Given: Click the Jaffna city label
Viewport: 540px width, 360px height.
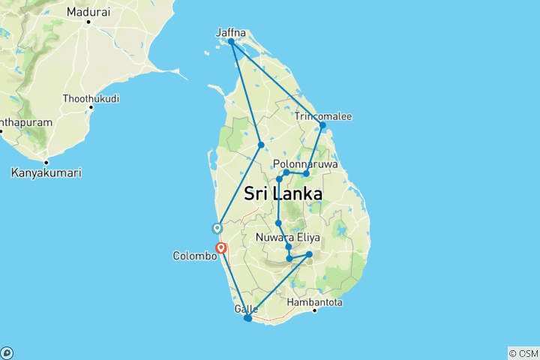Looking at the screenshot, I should tap(230, 32).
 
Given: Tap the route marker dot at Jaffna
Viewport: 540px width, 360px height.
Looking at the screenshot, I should tap(231, 42).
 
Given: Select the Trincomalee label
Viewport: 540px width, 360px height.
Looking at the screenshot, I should tap(323, 116).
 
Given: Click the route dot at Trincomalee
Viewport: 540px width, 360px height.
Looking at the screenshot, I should tap(322, 126).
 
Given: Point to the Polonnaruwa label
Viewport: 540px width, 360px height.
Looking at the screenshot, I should tap(305, 163).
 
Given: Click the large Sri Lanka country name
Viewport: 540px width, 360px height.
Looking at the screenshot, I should tap(283, 193).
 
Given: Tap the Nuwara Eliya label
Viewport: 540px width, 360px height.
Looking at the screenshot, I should tap(288, 238).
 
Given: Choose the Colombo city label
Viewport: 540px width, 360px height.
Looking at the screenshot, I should tap(195, 256).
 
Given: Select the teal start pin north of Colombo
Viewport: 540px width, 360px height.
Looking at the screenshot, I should tap(217, 228).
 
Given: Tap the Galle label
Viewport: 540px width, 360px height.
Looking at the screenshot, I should tap(246, 309).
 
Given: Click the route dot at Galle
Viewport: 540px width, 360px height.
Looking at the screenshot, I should tap(248, 319).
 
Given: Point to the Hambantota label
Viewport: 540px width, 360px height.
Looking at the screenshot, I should tap(315, 302).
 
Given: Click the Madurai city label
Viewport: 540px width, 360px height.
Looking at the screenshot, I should tap(88, 12).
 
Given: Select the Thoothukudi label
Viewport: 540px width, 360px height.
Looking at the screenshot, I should tap(91, 98).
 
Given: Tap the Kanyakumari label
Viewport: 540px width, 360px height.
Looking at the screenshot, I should tap(46, 172).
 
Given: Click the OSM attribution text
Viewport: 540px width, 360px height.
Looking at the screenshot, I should tap(523, 353).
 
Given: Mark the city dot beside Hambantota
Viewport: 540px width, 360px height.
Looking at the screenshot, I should tap(315, 310).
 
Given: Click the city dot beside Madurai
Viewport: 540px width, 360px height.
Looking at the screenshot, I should tap(88, 21).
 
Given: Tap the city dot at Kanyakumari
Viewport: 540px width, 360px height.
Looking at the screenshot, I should tap(46, 163).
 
